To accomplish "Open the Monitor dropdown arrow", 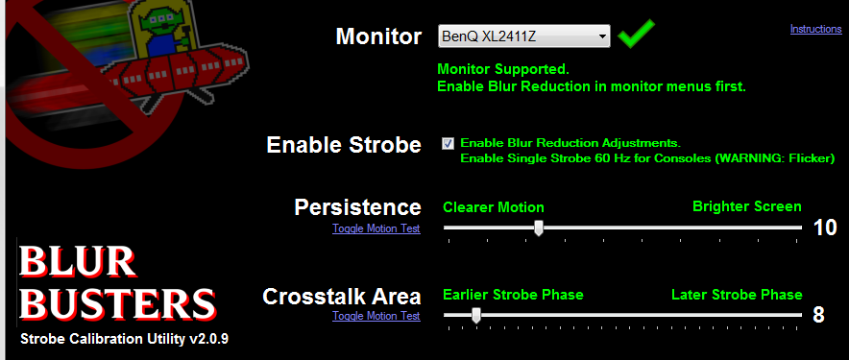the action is [x=601, y=36].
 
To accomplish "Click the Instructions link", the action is [x=816, y=29].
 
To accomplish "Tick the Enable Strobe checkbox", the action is [x=448, y=143].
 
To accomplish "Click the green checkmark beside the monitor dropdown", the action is [x=636, y=34].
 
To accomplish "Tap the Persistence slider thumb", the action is [x=539, y=228].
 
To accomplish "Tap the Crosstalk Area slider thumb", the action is [x=476, y=315].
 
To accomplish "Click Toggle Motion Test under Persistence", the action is [x=376, y=228].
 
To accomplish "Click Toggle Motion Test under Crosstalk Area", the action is [x=376, y=316].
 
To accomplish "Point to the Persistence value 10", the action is [x=825, y=228].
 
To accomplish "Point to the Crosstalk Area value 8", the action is [x=818, y=315].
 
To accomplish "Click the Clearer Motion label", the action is [x=494, y=207].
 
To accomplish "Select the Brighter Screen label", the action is [x=747, y=206].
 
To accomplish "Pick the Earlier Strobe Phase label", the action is [x=513, y=295].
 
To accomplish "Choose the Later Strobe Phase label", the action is [x=737, y=295].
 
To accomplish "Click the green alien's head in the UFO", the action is [x=160, y=23].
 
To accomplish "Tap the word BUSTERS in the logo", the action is [x=117, y=303].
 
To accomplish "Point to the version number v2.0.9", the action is [x=209, y=339].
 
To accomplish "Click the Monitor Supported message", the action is [x=503, y=69].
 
